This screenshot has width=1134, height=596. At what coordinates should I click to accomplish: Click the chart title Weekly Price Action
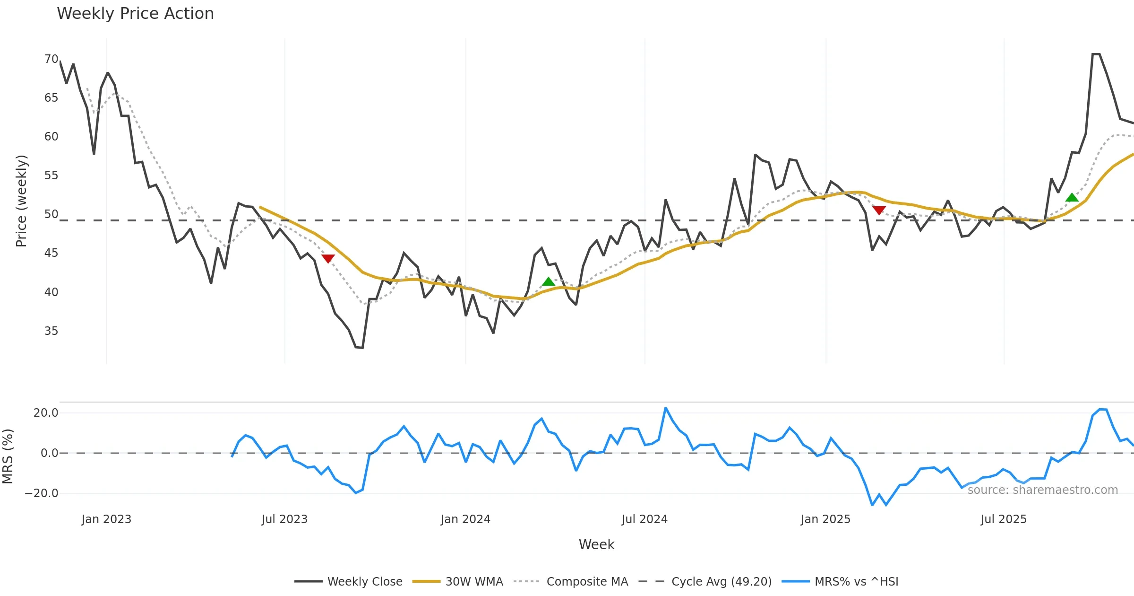pyautogui.click(x=135, y=14)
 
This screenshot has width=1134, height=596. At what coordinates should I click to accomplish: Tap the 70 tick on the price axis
pyautogui.click(x=51, y=59)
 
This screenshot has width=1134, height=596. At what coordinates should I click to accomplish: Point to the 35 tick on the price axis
pyautogui.click(x=51, y=331)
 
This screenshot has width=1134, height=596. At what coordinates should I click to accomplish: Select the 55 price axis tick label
pyautogui.click(x=51, y=175)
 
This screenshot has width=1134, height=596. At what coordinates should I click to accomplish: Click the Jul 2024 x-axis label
pyautogui.click(x=644, y=519)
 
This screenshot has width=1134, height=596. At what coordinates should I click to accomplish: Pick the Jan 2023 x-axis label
pyautogui.click(x=106, y=519)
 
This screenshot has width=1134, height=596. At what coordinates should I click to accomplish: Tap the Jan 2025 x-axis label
pyautogui.click(x=825, y=519)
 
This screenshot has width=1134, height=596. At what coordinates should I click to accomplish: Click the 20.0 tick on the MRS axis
pyautogui.click(x=46, y=413)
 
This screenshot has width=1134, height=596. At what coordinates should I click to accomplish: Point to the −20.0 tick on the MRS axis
pyautogui.click(x=42, y=493)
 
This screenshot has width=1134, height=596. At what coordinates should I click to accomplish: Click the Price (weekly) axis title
pyautogui.click(x=22, y=201)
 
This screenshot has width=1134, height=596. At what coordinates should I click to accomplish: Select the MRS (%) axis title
pyautogui.click(x=8, y=456)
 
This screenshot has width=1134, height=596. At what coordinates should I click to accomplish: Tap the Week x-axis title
pyautogui.click(x=596, y=545)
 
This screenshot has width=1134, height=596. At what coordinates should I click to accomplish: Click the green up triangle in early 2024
pyautogui.click(x=548, y=282)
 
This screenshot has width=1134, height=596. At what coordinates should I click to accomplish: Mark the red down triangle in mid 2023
pyautogui.click(x=328, y=258)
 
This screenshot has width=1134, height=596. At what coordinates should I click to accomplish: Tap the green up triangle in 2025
pyautogui.click(x=1072, y=197)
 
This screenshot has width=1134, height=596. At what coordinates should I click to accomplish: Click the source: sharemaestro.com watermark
pyautogui.click(x=1042, y=490)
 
